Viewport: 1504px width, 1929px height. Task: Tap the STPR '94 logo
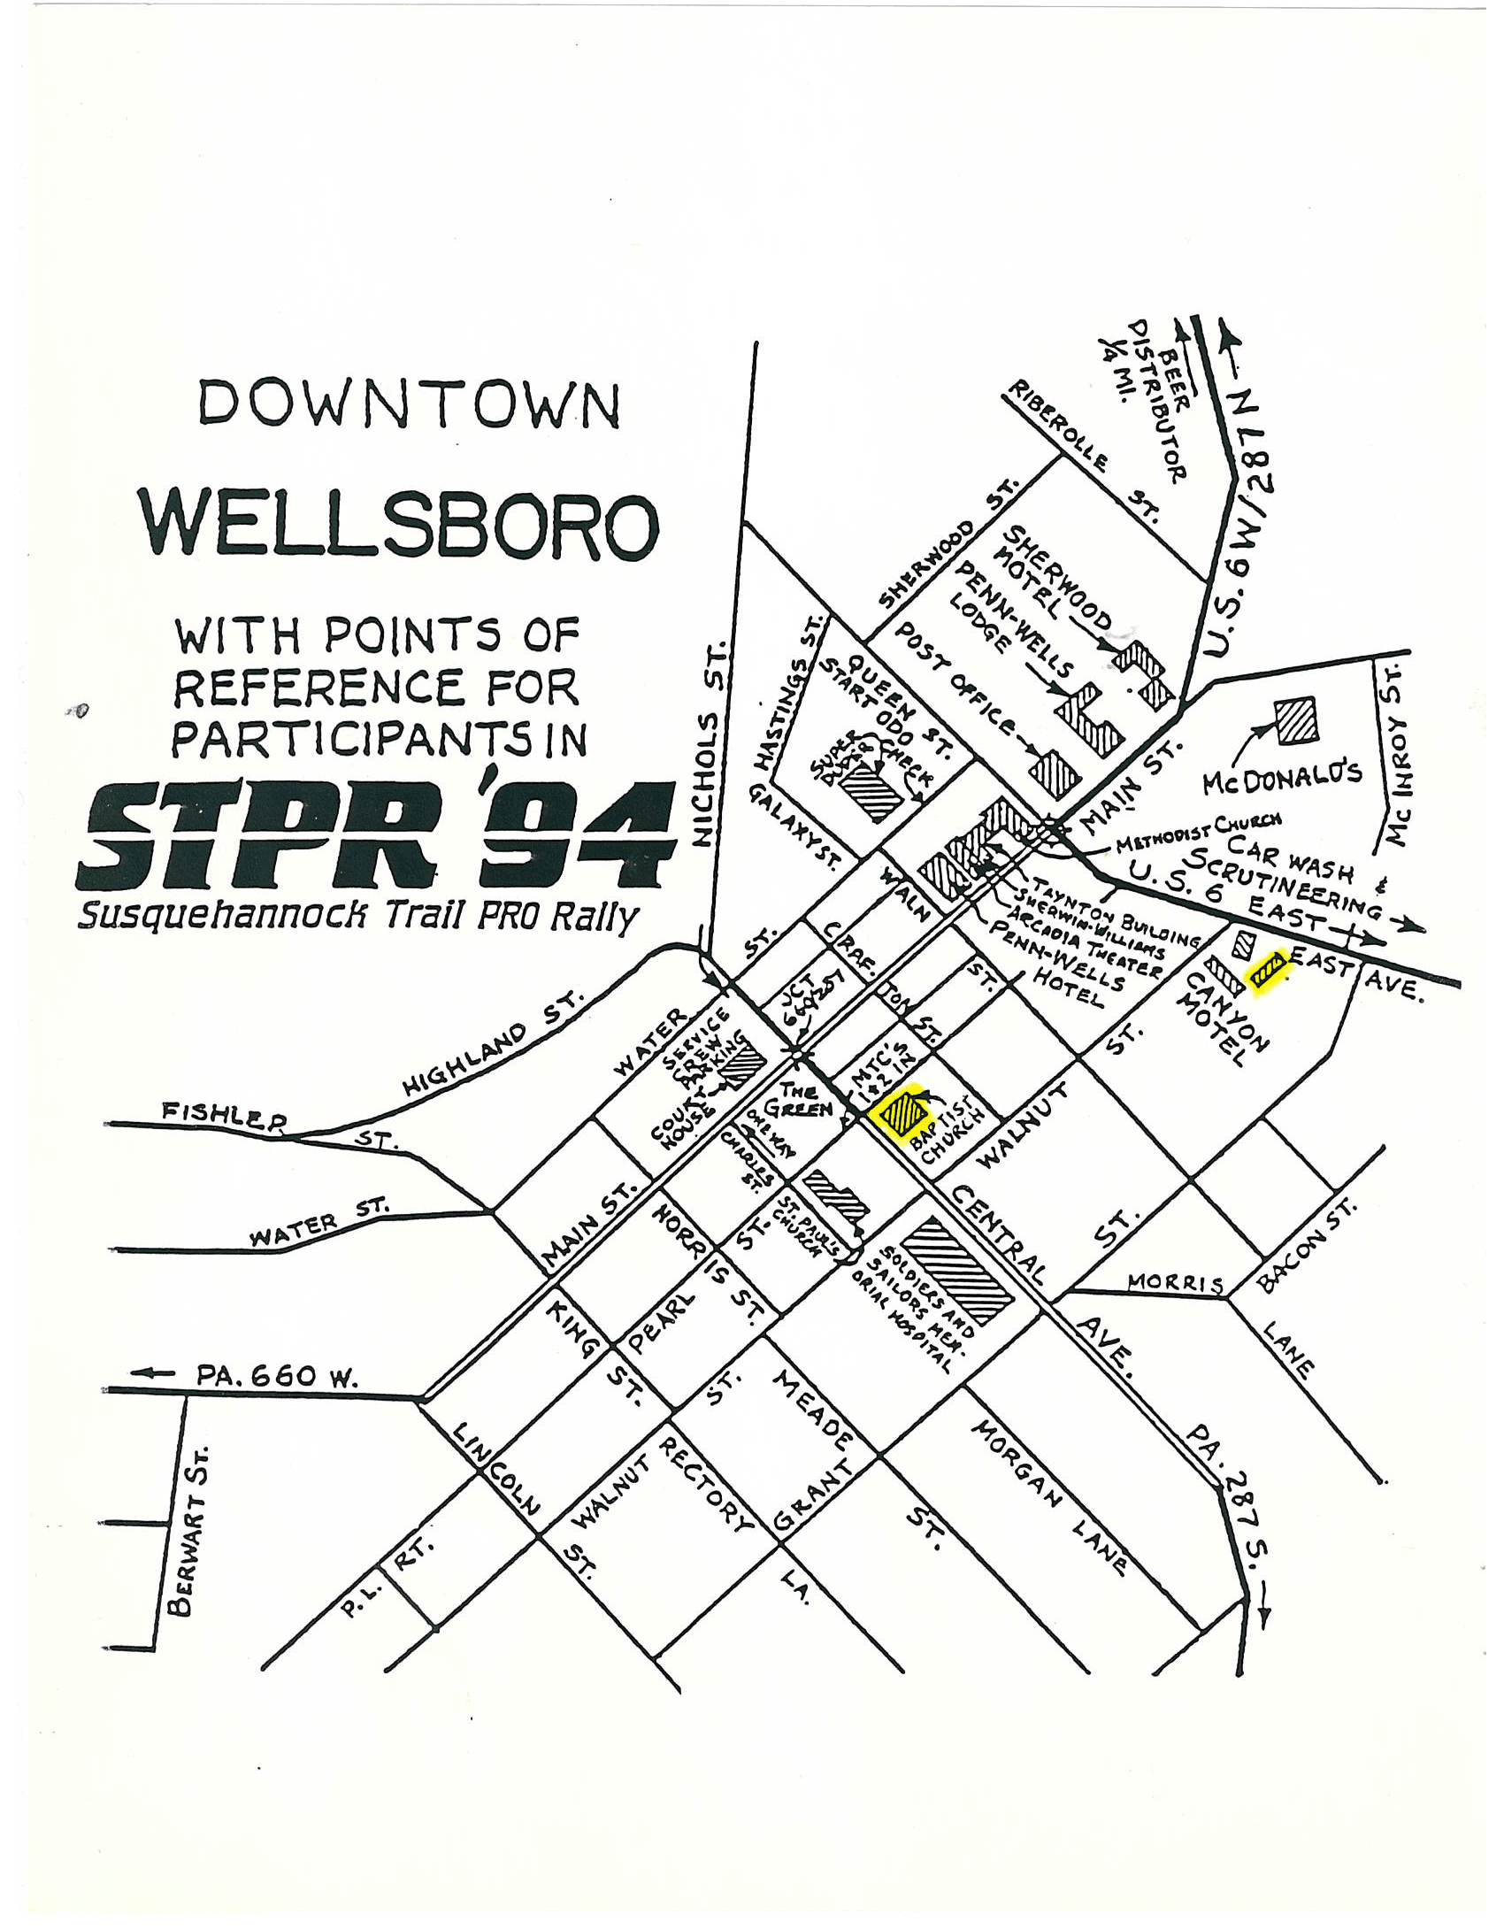(x=376, y=836)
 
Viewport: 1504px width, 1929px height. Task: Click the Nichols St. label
(x=712, y=743)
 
